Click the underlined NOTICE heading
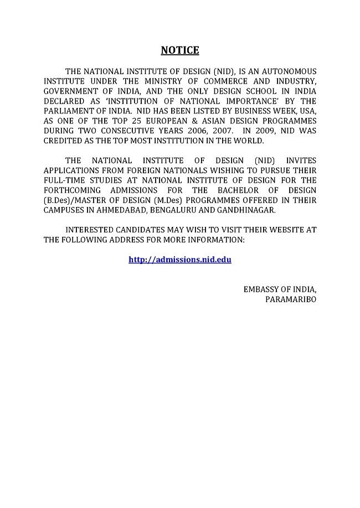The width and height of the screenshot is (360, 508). [179, 51]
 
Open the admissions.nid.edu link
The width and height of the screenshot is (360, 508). [179, 259]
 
